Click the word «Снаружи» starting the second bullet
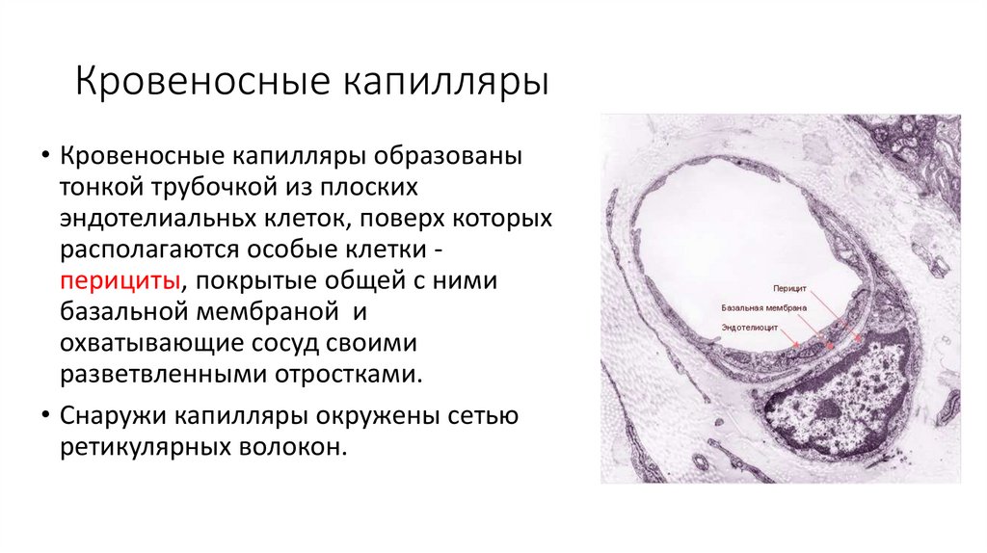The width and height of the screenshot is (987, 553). (x=113, y=417)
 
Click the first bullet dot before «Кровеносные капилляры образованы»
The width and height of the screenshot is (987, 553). (x=44, y=156)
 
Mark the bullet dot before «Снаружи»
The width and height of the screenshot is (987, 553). (x=44, y=419)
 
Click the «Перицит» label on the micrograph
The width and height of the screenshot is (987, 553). (x=788, y=288)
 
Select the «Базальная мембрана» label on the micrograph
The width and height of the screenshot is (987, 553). (x=764, y=308)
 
